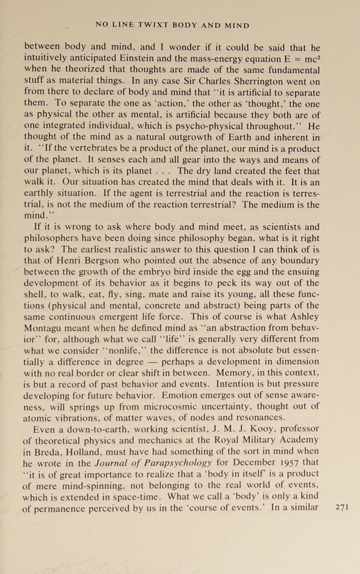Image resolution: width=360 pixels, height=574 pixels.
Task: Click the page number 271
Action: [342, 507]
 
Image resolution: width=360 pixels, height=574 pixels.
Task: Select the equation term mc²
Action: [312, 59]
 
